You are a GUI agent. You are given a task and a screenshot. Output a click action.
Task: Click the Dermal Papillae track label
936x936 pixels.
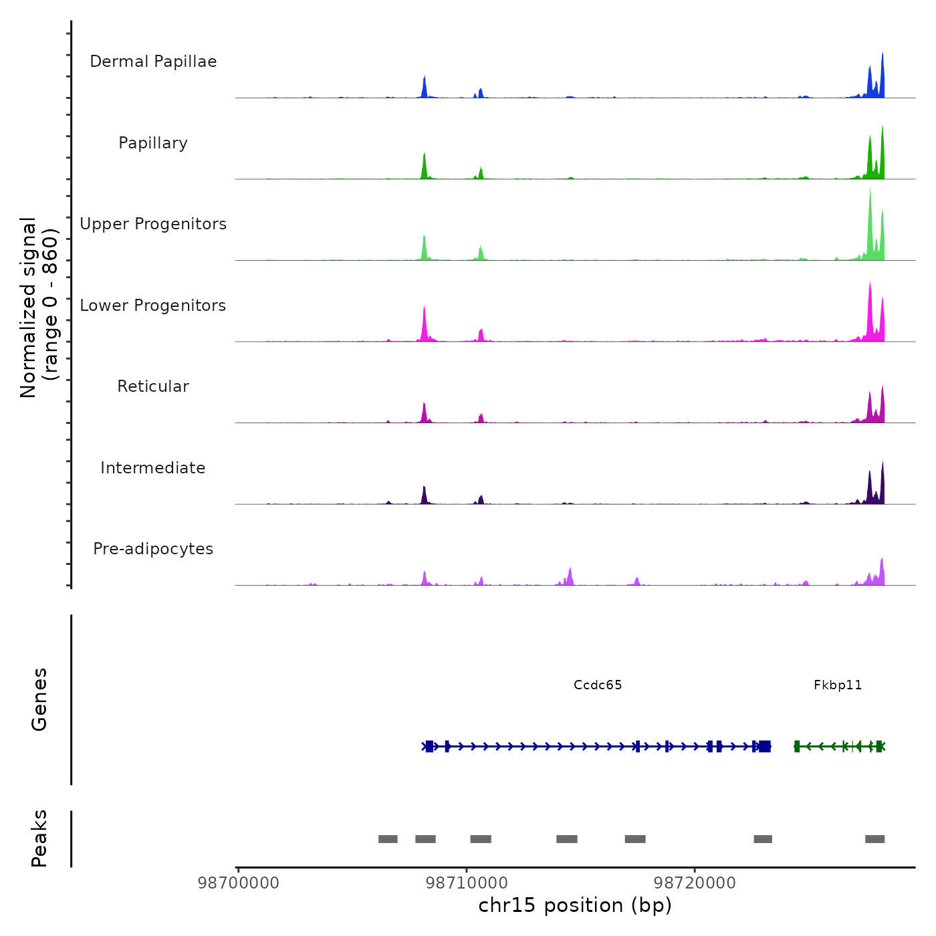tap(153, 62)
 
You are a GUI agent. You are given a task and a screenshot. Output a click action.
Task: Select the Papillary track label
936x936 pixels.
tap(153, 143)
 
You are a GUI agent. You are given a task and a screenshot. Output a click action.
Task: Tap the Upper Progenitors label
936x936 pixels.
tap(153, 224)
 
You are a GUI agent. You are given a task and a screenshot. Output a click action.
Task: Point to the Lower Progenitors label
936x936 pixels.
tap(153, 306)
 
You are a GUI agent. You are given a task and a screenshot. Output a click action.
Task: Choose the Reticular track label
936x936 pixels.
tap(153, 386)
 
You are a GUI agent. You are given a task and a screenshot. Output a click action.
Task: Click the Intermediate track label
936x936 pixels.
tap(153, 468)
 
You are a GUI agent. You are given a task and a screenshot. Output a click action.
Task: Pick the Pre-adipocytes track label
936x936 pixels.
tap(153, 549)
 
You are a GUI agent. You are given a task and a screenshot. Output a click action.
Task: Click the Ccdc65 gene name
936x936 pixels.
tap(598, 685)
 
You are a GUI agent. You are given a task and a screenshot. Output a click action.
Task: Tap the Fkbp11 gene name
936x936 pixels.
tap(838, 685)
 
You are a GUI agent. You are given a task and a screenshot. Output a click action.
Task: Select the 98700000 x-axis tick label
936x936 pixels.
tap(239, 883)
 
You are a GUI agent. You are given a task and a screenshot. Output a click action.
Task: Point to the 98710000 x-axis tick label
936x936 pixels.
tap(467, 883)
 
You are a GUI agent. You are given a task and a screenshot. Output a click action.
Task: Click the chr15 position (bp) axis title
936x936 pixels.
tap(575, 905)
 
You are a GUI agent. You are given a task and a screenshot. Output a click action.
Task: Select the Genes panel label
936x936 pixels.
tap(39, 699)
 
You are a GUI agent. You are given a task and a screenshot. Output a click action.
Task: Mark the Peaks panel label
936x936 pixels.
tap(39, 838)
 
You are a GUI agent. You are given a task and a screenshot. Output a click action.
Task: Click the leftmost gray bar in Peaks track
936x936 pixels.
tap(388, 839)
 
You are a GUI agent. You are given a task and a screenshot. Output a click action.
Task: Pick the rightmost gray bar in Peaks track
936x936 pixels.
tap(874, 839)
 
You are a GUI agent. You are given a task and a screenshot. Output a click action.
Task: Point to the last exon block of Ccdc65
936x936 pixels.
tap(765, 746)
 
